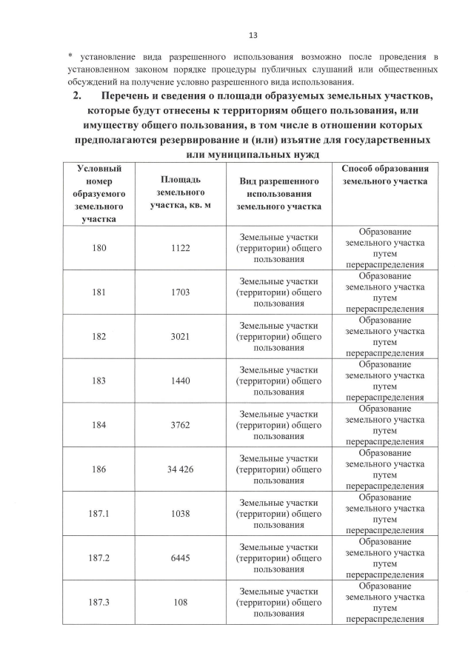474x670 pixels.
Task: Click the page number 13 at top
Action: [253, 35]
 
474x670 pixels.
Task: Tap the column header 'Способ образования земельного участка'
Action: [384, 175]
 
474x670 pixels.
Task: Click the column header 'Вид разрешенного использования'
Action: [279, 194]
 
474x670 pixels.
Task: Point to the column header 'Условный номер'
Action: [99, 194]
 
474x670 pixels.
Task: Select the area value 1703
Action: [180, 292]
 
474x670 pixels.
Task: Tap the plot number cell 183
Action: [99, 381]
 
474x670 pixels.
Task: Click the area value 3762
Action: [180, 425]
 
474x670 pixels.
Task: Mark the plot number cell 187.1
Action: [99, 513]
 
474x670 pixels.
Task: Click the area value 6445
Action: [180, 557]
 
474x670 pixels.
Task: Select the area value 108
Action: [180, 602]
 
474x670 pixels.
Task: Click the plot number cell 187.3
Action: [99, 602]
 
